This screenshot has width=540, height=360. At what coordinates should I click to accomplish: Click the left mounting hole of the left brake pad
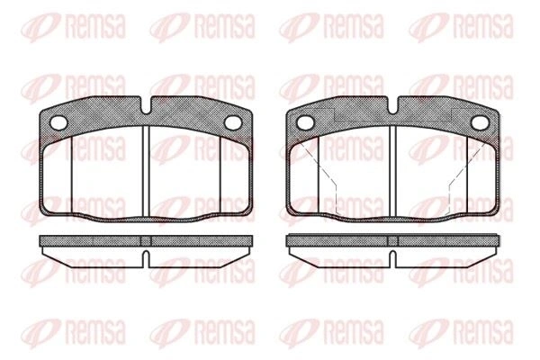(x=58, y=122)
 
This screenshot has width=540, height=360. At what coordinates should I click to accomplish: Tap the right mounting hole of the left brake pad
(x=233, y=122)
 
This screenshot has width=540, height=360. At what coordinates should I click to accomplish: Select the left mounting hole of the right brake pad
(x=305, y=122)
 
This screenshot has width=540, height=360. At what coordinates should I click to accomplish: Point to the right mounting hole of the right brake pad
(x=480, y=122)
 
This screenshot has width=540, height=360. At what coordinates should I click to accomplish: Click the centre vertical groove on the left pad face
(x=146, y=172)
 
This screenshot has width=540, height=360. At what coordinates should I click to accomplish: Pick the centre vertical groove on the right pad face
(x=392, y=172)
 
